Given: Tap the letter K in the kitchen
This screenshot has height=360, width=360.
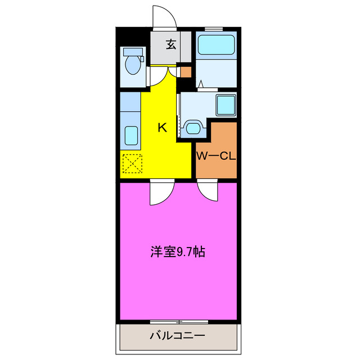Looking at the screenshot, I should click(x=162, y=127).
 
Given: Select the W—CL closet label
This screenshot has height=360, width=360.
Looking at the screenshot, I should click(x=215, y=156).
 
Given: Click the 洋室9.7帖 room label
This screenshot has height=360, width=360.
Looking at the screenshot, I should click(x=177, y=251).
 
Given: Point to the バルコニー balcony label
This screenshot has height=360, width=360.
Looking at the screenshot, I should click(x=177, y=336).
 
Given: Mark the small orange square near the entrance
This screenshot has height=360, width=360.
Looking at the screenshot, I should click(x=185, y=72).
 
